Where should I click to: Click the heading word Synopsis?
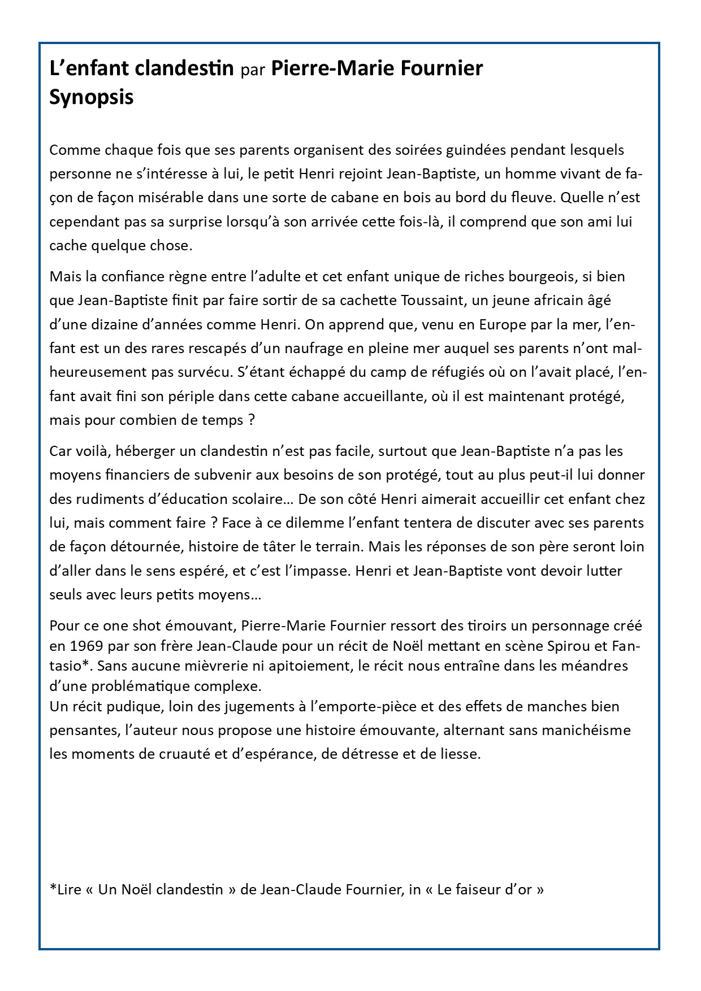pyautogui.click(x=92, y=97)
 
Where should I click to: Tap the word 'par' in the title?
pyautogui.click(x=252, y=69)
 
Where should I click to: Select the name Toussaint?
pyautogui.click(x=431, y=301)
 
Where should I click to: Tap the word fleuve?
pyautogui.click(x=520, y=198)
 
